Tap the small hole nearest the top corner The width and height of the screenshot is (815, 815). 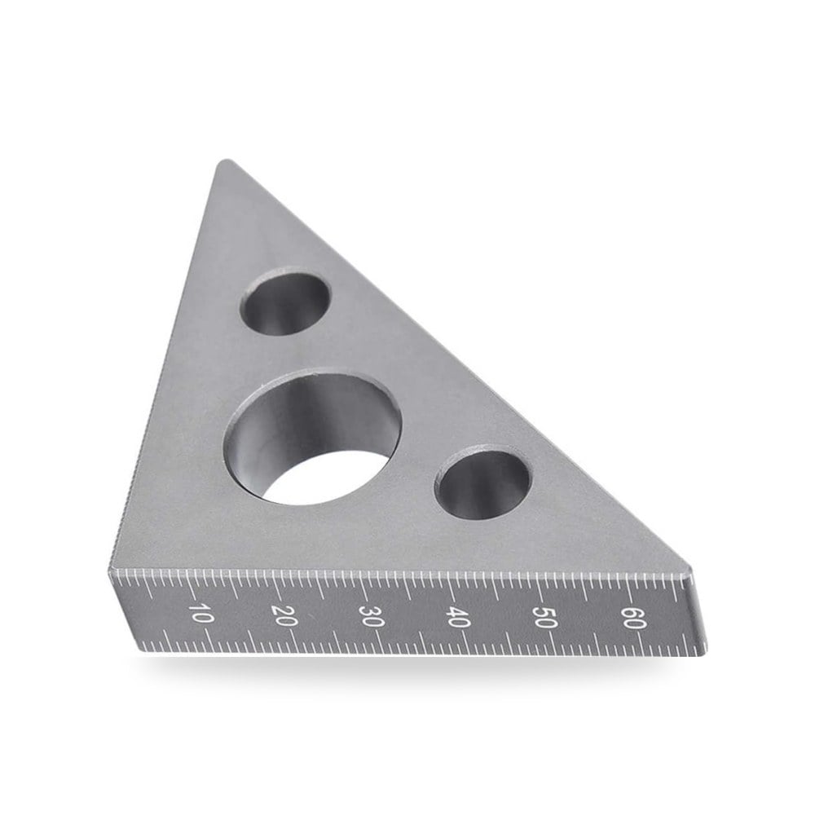pos(284,302)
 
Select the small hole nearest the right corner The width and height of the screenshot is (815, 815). pos(483,482)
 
